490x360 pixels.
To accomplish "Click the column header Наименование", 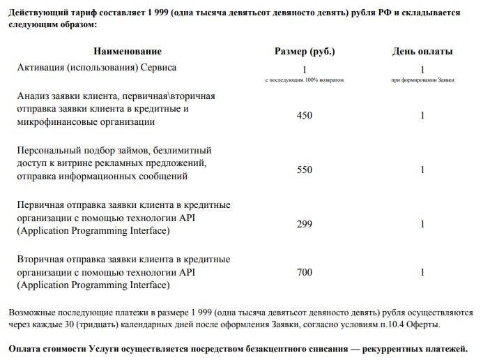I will coord(128,51).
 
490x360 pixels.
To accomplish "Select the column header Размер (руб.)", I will coord(305,51).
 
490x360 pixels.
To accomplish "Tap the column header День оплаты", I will coord(422,51).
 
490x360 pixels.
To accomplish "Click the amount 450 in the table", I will coord(305,115).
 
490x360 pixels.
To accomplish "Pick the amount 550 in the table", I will coord(305,170).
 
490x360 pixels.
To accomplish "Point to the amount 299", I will coord(305,224).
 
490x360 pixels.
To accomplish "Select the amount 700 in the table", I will coord(305,272).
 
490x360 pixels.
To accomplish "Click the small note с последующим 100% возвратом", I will coord(305,80).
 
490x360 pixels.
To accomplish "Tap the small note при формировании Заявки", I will coord(422,80).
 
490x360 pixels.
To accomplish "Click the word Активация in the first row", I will coord(41,68).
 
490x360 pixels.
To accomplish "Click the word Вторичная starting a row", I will coord(41,259).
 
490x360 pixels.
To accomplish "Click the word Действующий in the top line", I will coord(36,13).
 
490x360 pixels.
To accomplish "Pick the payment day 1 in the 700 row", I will coord(422,272).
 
